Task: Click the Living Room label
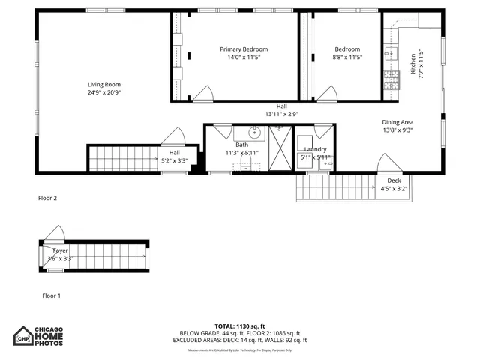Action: coord(103,85)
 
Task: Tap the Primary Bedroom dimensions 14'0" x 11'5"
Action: coord(244,58)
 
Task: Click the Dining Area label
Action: coord(397,122)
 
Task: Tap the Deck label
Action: coord(394,181)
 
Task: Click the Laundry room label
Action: coord(315,149)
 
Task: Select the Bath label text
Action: coord(241,144)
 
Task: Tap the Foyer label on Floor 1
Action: coord(60,250)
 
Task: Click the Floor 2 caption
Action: coord(47,199)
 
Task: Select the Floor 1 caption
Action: coord(49,295)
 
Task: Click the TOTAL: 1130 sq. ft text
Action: coord(240,325)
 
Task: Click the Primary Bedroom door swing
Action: coord(202,94)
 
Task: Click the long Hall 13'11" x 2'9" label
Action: coord(281,110)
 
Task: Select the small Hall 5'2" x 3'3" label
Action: coord(174,157)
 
